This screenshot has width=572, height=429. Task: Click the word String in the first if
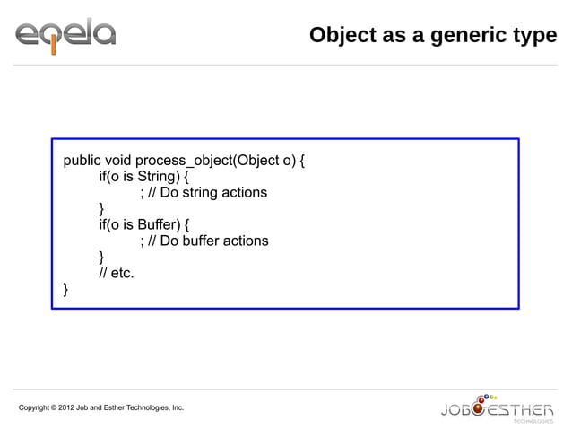click(x=157, y=177)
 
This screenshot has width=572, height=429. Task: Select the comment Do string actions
click(x=212, y=193)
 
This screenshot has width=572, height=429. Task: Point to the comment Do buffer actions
click(x=212, y=241)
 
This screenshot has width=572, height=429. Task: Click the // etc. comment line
click(x=117, y=273)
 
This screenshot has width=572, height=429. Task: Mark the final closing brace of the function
click(x=65, y=289)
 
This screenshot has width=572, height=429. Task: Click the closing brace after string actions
click(x=101, y=209)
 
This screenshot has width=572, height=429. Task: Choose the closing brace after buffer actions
click(x=101, y=257)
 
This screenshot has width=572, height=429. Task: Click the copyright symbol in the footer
click(x=54, y=408)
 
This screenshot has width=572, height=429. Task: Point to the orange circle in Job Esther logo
click(x=480, y=410)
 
